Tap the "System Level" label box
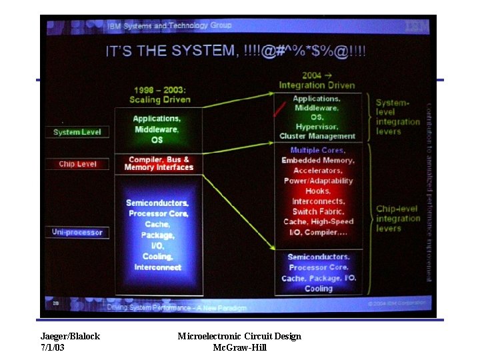coord(77,132)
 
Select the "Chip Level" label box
coord(77,164)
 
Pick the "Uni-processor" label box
coord(77,232)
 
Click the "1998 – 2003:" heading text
coord(159,89)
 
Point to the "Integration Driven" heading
coord(317,85)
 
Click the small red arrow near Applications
coord(279,109)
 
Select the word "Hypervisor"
coord(317,127)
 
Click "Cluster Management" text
coord(317,137)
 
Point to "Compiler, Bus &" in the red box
coord(159,159)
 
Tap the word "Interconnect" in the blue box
coord(157,267)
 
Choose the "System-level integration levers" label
coord(397,117)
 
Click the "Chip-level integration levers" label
coord(397,219)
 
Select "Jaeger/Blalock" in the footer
coord(70,336)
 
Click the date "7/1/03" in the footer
coord(53,347)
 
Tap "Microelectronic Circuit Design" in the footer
coord(239,336)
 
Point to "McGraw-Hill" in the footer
coord(239,347)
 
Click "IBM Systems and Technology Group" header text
coord(169,26)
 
